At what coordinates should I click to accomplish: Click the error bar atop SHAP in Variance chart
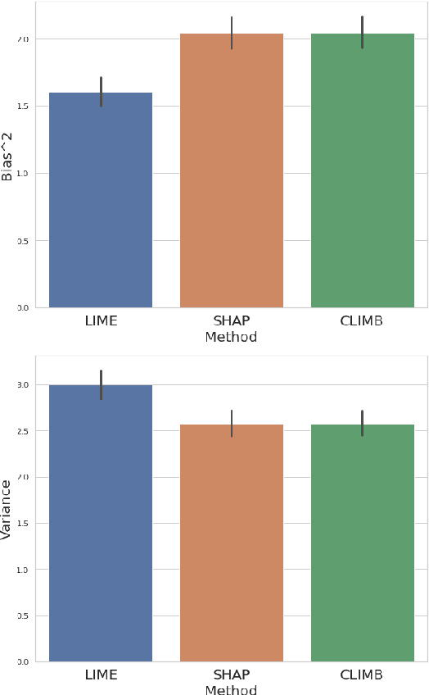coord(232,424)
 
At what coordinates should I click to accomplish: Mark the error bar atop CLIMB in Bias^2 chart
coord(362,32)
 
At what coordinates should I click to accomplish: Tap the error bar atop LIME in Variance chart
coord(101,384)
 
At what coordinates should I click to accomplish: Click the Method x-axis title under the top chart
coord(231,338)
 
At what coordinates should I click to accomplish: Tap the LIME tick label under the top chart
coord(101,321)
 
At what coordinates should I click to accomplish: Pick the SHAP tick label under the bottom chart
coord(232,675)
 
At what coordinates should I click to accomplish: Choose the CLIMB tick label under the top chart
coord(362,321)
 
